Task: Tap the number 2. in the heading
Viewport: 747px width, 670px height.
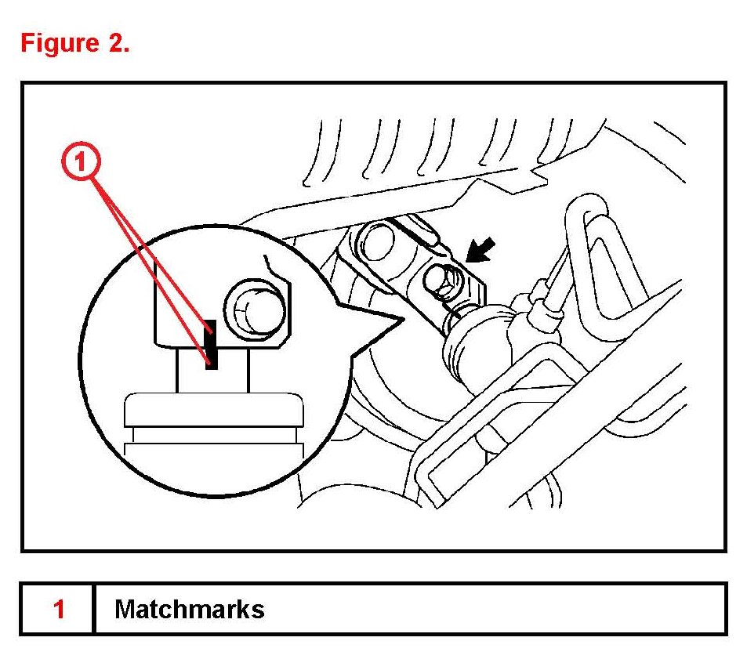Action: [x=114, y=42]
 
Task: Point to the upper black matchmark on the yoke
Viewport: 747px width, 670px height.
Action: [x=209, y=331]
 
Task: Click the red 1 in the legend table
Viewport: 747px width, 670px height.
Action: [x=58, y=609]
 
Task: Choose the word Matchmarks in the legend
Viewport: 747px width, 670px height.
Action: [x=189, y=609]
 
